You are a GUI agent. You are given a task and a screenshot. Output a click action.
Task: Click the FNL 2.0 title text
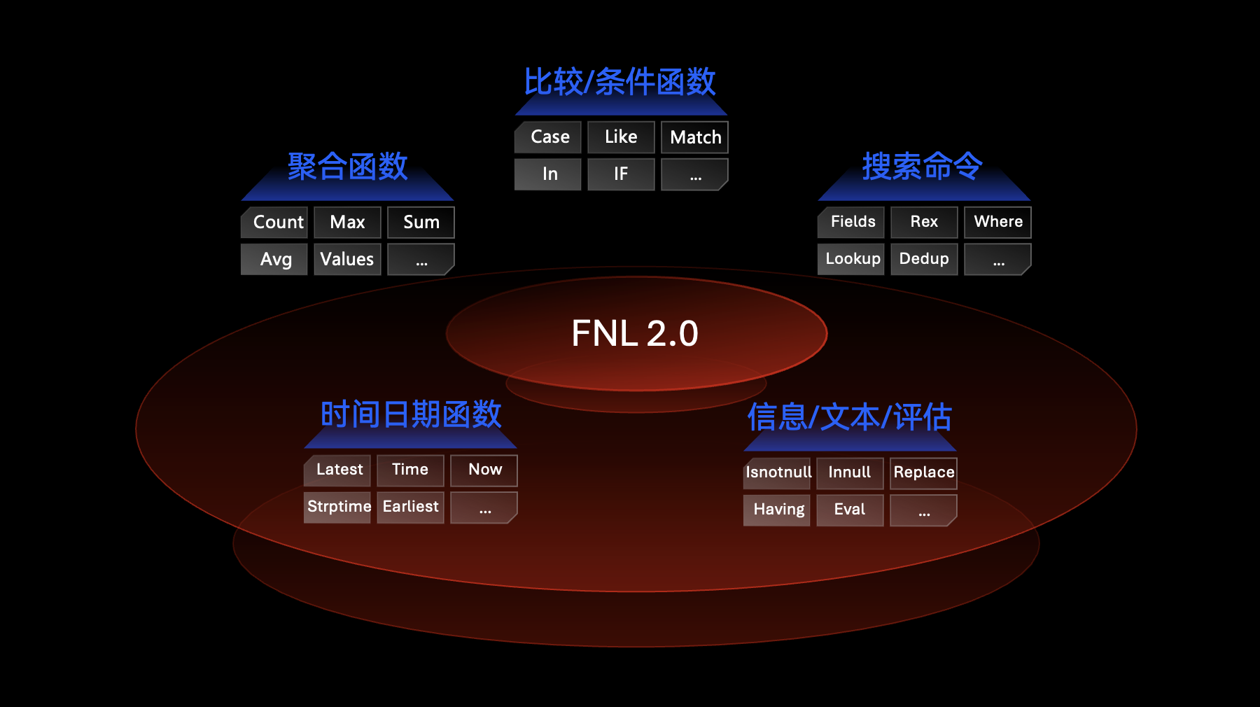click(x=635, y=333)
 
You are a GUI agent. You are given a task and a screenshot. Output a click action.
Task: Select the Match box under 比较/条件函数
click(x=694, y=137)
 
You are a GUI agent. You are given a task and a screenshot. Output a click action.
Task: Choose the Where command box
click(x=997, y=222)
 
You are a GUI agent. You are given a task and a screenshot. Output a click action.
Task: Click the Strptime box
click(x=338, y=507)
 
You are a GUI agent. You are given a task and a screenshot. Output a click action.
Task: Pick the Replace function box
click(x=923, y=472)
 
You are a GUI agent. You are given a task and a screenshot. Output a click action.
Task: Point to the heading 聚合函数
click(x=348, y=167)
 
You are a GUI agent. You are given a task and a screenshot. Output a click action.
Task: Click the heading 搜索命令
click(x=923, y=167)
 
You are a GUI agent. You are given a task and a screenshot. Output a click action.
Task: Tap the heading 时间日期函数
click(x=411, y=414)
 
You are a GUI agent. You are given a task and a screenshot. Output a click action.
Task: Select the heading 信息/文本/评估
click(x=849, y=417)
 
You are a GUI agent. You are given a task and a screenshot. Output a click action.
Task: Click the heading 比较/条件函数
click(x=620, y=82)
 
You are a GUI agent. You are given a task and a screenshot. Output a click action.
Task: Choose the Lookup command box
click(x=852, y=259)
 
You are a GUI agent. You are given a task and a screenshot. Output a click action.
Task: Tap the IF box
click(x=621, y=174)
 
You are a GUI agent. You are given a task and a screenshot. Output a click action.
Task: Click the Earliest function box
click(x=411, y=507)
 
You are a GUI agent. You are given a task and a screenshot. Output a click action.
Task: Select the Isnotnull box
click(x=778, y=472)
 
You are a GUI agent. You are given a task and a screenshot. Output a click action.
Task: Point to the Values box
click(x=347, y=260)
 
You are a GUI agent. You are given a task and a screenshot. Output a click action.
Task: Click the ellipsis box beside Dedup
click(x=997, y=260)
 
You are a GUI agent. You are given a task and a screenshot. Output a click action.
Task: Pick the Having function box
click(x=778, y=510)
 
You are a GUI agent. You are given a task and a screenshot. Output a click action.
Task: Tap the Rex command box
click(x=924, y=222)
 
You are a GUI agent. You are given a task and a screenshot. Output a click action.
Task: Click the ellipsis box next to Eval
click(x=923, y=510)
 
